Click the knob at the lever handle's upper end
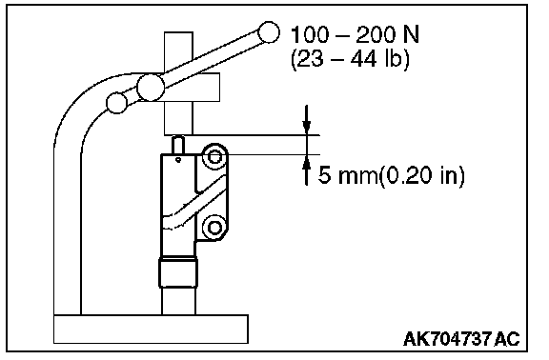[269, 32]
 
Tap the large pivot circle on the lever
[151, 87]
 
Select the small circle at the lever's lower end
[116, 103]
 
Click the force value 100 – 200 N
[355, 34]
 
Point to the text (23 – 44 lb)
[350, 58]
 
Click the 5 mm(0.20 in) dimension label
[392, 175]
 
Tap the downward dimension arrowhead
[307, 128]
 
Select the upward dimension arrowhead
[307, 162]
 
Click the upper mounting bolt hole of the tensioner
[214, 157]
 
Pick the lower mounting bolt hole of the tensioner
[214, 228]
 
